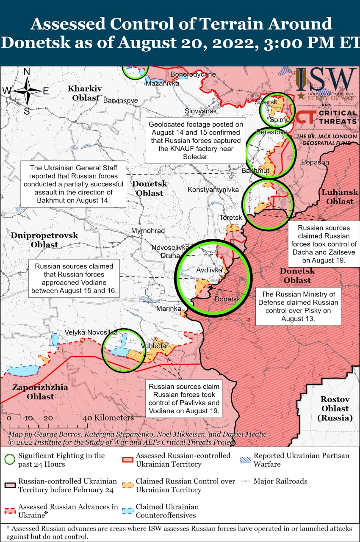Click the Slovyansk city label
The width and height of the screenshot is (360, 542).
coord(201,111)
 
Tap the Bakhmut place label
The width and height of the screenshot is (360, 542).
coord(255,171)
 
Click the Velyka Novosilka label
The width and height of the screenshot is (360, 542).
coord(85,332)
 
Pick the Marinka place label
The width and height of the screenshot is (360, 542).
coord(169,309)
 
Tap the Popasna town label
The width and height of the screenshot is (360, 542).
coord(315,162)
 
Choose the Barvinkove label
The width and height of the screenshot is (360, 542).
coord(121,100)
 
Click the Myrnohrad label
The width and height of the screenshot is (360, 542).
coord(148,231)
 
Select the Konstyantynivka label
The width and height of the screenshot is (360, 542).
coord(213,189)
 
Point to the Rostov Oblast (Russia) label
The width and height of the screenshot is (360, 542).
coord(335,408)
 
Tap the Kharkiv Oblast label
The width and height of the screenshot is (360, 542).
coord(85,93)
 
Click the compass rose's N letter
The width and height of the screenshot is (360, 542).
coord(27,72)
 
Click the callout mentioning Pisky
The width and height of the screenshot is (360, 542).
coord(298,307)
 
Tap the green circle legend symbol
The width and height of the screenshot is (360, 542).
coord(10,459)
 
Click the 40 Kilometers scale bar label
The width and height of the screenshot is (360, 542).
coord(109,418)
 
